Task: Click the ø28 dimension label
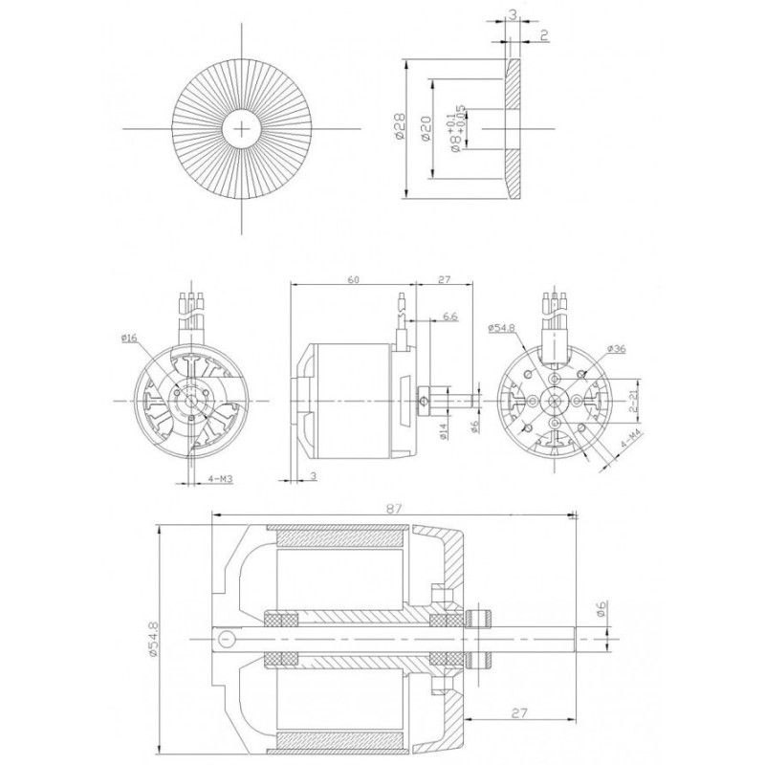point(401,128)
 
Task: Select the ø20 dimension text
point(427,128)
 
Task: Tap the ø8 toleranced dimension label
point(460,128)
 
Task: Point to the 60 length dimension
point(353,279)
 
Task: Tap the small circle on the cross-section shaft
point(225,639)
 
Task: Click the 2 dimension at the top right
point(543,36)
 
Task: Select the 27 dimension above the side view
point(444,279)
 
